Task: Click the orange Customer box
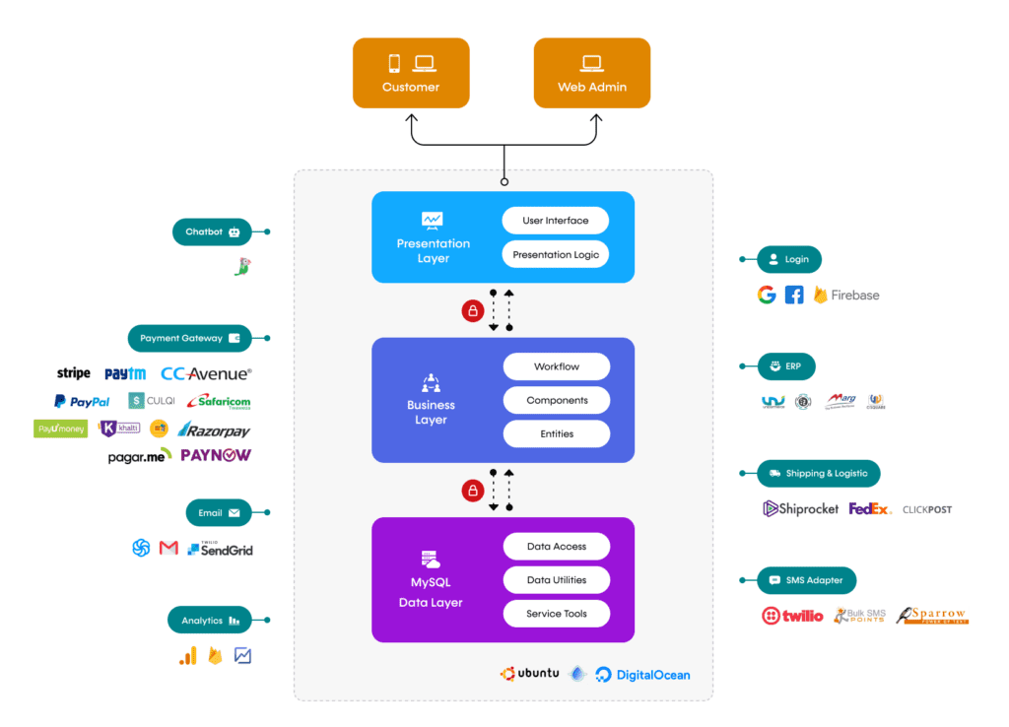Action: (410, 73)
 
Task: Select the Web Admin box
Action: (591, 73)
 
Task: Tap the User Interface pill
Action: (556, 221)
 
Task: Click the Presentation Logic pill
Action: (556, 254)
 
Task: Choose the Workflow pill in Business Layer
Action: (557, 366)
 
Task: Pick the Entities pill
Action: (557, 433)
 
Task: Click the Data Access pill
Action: (557, 546)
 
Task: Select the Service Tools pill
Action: (557, 614)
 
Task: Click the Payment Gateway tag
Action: (189, 338)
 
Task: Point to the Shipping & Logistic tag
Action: (818, 473)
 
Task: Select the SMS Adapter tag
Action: (806, 580)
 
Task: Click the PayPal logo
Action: (82, 402)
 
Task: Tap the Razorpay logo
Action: (214, 430)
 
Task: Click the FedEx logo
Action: (869, 509)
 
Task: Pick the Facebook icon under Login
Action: (794, 295)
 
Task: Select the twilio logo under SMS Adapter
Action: (792, 616)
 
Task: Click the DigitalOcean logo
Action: (642, 675)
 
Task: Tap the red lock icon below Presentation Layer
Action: (473, 311)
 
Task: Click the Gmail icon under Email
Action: (168, 548)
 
